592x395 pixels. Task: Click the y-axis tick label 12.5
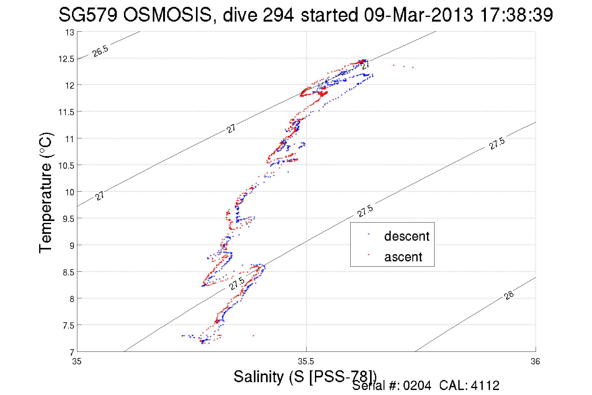click(66, 59)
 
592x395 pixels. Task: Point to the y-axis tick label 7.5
click(68, 326)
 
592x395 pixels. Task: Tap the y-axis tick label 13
click(69, 33)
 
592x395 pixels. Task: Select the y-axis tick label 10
click(69, 192)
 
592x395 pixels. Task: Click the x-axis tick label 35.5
click(306, 362)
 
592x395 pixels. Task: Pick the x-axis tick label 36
click(535, 362)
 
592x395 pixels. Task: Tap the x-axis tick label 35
click(77, 362)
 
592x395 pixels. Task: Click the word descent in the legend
click(407, 236)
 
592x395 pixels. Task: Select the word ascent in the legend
click(403, 257)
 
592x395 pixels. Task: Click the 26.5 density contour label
click(100, 51)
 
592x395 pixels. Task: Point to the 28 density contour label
click(509, 295)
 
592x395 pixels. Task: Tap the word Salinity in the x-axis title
click(259, 377)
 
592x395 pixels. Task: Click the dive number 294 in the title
click(278, 15)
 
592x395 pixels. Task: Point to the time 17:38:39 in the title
click(516, 15)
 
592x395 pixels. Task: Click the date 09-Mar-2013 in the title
click(418, 15)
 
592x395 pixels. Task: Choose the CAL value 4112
click(485, 386)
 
